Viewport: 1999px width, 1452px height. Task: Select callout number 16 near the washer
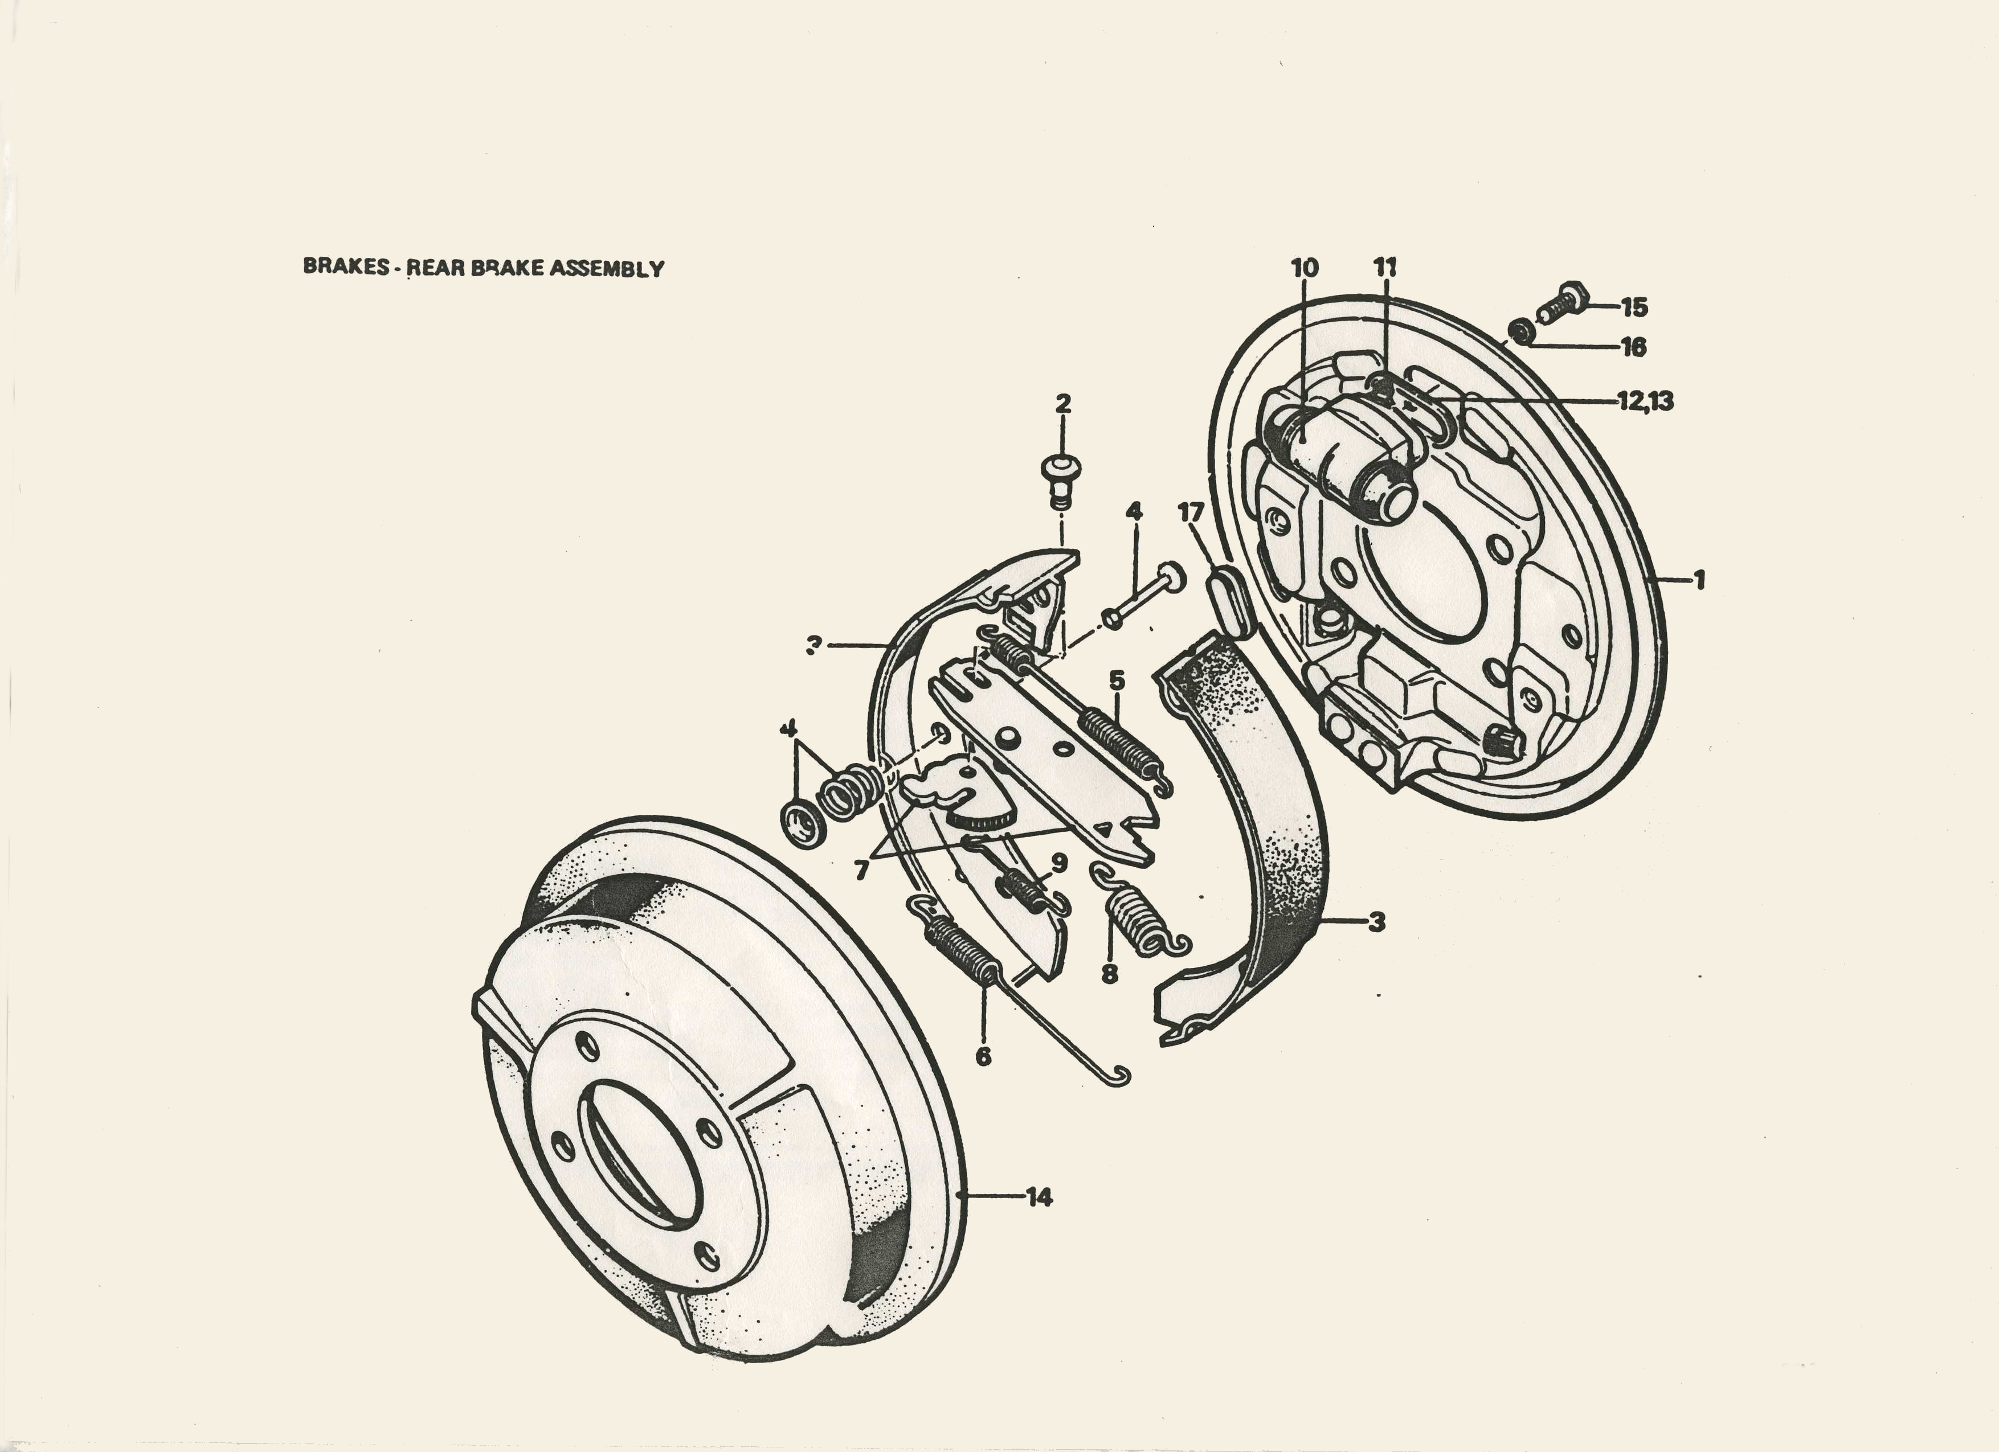(1633, 347)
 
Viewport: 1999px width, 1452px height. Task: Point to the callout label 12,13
(1646, 401)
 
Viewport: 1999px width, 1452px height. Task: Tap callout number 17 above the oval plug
(1190, 512)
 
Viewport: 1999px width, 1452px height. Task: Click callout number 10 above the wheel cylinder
(1305, 267)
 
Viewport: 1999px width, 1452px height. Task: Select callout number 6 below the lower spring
(984, 1056)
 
